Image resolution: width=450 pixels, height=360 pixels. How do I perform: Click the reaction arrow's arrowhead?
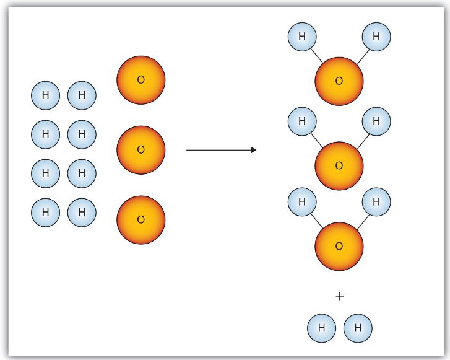253,150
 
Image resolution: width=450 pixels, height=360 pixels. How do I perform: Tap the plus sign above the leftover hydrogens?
339,296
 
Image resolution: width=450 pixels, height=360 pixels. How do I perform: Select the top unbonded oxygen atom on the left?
141,80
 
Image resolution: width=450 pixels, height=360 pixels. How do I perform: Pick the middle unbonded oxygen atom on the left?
141,150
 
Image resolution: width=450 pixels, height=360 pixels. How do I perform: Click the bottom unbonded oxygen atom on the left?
141,220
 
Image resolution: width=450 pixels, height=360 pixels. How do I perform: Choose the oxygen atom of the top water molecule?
339,81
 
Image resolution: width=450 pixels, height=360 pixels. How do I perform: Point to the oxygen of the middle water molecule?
339,166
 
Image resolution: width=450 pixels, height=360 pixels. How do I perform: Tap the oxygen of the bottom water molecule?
339,246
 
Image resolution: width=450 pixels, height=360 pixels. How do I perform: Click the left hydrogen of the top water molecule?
302,37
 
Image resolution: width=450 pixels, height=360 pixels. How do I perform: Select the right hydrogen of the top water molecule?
376,37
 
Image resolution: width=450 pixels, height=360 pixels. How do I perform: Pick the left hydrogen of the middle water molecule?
302,121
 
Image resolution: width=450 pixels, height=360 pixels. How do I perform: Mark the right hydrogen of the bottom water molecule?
376,202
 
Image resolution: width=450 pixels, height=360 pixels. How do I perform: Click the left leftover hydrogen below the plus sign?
321,328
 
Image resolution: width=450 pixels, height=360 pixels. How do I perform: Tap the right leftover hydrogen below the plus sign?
358,328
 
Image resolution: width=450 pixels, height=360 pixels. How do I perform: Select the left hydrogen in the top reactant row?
46,95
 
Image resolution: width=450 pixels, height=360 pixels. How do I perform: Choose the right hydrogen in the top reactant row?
82,95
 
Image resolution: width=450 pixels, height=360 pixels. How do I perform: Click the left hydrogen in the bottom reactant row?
46,213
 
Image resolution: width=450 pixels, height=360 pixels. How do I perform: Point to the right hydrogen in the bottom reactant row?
82,213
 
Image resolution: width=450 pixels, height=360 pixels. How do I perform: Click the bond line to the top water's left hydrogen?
317,56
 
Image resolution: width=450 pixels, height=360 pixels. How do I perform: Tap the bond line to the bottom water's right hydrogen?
363,222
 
